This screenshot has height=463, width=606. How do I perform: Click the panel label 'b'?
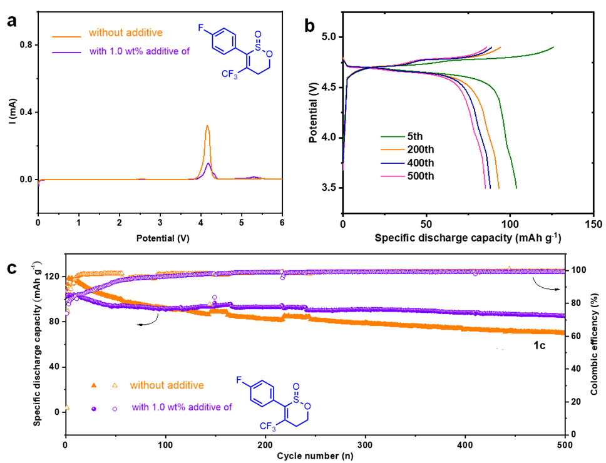[x=309, y=24]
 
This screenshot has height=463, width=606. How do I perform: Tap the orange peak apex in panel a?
[x=207, y=126]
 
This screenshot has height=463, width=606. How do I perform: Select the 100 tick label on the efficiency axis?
[x=576, y=270]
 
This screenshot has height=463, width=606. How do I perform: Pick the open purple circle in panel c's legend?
[x=115, y=408]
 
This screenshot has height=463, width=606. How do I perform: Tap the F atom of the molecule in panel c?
[x=242, y=380]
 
